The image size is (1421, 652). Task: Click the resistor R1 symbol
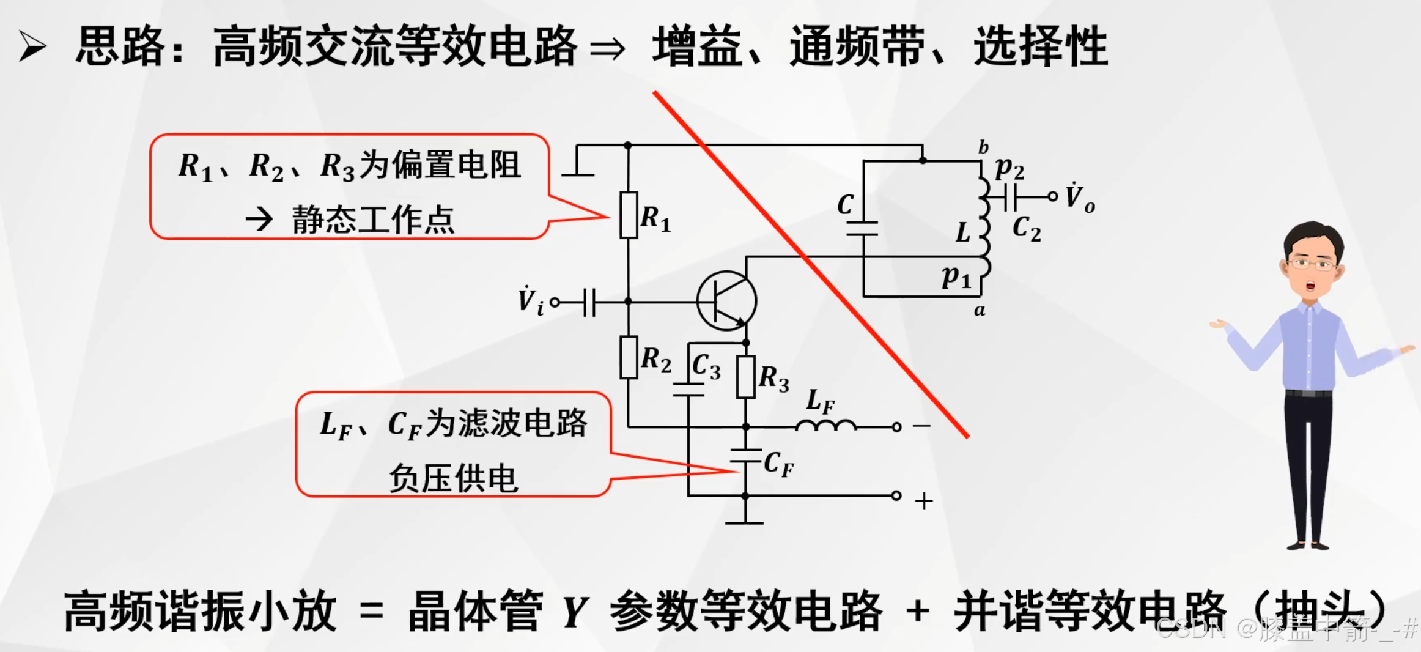pos(629,215)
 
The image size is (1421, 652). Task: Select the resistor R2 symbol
pos(629,357)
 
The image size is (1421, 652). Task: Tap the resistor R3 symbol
pos(745,377)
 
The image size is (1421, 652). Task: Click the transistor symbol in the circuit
pos(727,301)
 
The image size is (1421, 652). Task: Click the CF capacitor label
pos(779,464)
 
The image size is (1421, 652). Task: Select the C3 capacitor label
pos(706,367)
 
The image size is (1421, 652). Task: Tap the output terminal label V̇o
pos(1080,198)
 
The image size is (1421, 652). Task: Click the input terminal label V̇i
pos(530,301)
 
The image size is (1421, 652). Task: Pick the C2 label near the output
pos(1027,229)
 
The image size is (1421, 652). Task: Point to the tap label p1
pos(956,277)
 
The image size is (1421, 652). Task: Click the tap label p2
pos(1009,168)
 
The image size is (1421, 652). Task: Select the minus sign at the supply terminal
pos(922,426)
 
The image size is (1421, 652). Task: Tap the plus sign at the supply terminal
pos(923,502)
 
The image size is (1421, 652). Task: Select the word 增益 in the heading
pos(697,46)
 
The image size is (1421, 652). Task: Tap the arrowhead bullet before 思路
pos(32,46)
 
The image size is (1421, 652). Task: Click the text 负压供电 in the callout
pos(454,478)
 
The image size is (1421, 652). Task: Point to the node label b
pos(983,147)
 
